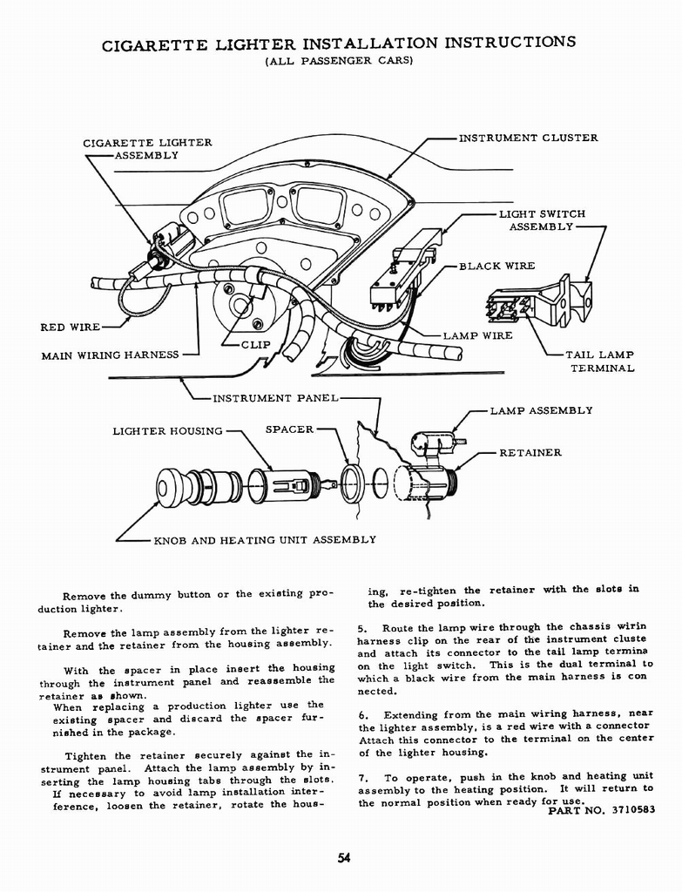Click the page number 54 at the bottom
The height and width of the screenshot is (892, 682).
point(343,858)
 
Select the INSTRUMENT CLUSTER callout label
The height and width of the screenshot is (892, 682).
point(528,138)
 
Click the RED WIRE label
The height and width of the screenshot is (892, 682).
point(71,328)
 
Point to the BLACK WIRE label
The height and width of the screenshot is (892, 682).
point(496,266)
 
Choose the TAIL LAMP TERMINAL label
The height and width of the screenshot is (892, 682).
point(600,362)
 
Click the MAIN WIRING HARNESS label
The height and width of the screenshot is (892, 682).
point(110,355)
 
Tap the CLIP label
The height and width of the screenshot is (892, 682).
point(256,344)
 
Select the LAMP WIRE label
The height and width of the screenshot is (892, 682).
point(477,335)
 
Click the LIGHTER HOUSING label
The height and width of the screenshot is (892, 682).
point(167,430)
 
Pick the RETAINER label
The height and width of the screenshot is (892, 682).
point(530,452)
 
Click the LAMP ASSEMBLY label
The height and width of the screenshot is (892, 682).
point(541,410)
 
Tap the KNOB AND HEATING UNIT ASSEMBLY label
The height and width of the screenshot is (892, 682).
point(265,539)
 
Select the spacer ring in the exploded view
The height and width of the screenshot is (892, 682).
point(353,483)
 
